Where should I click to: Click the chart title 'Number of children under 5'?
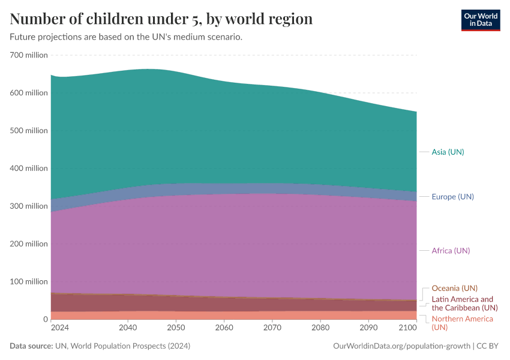tap(161, 19)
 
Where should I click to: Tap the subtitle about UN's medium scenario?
tap(126, 37)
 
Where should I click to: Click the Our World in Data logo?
tap(480, 20)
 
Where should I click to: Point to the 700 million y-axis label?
tap(29, 55)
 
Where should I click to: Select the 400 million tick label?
tap(29, 168)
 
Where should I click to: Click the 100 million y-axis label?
tap(29, 281)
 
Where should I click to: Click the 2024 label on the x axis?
tap(59, 328)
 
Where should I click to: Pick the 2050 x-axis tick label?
tap(176, 328)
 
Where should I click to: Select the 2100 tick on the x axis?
tap(408, 328)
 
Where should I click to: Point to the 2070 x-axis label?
tap(272, 328)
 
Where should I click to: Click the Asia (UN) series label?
tap(448, 152)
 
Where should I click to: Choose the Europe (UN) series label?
tap(452, 197)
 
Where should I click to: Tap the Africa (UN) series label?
tap(451, 251)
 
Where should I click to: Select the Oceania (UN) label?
tap(454, 288)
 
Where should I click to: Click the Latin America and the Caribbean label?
tap(462, 303)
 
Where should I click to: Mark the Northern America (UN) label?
tap(462, 323)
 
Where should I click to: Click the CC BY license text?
tap(490, 346)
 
